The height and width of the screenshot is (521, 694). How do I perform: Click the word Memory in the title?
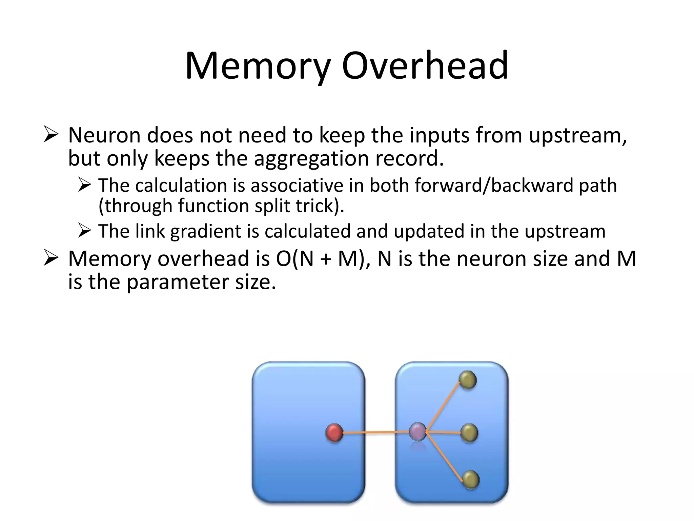click(258, 66)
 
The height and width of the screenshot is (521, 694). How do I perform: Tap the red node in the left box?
click(334, 433)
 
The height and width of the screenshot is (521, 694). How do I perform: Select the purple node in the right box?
click(417, 432)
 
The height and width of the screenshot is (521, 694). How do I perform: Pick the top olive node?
click(468, 380)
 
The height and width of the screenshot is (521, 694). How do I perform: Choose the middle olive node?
click(469, 433)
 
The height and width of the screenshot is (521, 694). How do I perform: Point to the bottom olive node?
click(470, 480)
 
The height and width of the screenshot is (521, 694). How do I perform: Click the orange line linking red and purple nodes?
click(376, 432)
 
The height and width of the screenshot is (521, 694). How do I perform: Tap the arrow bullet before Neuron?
click(51, 135)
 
